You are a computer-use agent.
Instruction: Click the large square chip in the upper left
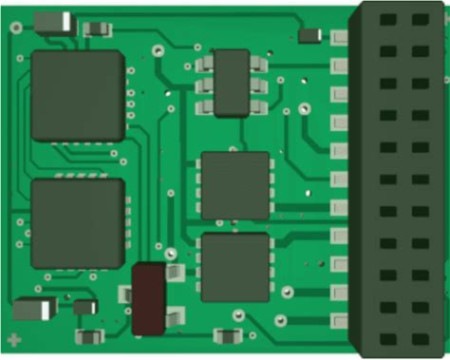click(x=78, y=96)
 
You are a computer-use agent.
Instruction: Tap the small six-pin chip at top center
click(x=232, y=84)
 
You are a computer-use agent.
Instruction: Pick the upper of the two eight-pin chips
click(x=234, y=184)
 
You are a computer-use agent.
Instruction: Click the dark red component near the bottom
click(x=149, y=298)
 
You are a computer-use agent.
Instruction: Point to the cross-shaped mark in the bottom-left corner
click(x=13, y=339)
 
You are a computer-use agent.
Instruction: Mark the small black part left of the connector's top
click(x=309, y=35)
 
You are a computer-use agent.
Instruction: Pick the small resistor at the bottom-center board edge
click(x=227, y=335)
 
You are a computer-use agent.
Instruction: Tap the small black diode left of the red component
click(x=85, y=307)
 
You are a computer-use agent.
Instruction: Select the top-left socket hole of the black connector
click(x=386, y=19)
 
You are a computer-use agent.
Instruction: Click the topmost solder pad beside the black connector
click(x=338, y=38)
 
